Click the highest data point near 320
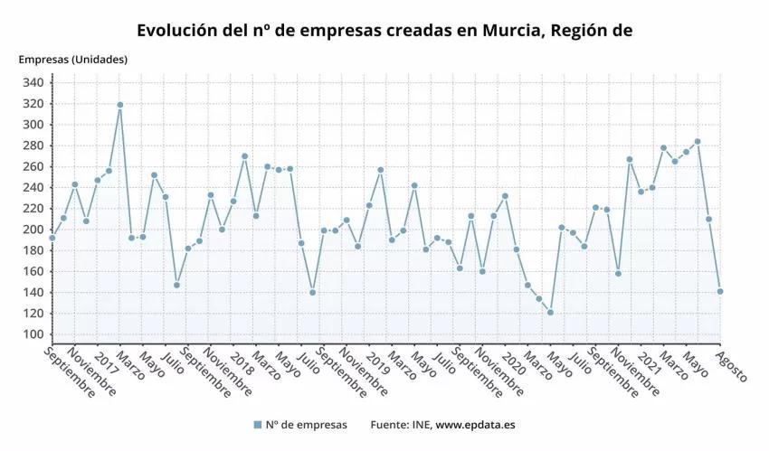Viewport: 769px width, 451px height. tap(119, 105)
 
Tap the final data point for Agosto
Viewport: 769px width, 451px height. tap(720, 291)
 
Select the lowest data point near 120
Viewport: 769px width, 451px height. tap(550, 313)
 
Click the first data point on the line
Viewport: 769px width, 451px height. tap(52, 238)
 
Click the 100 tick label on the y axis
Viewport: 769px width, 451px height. tap(33, 334)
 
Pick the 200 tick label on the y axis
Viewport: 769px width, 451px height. tap(33, 230)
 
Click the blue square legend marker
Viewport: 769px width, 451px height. tap(258, 425)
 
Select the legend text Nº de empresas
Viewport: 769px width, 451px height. tap(306, 425)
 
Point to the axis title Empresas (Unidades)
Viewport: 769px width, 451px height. tap(73, 60)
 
